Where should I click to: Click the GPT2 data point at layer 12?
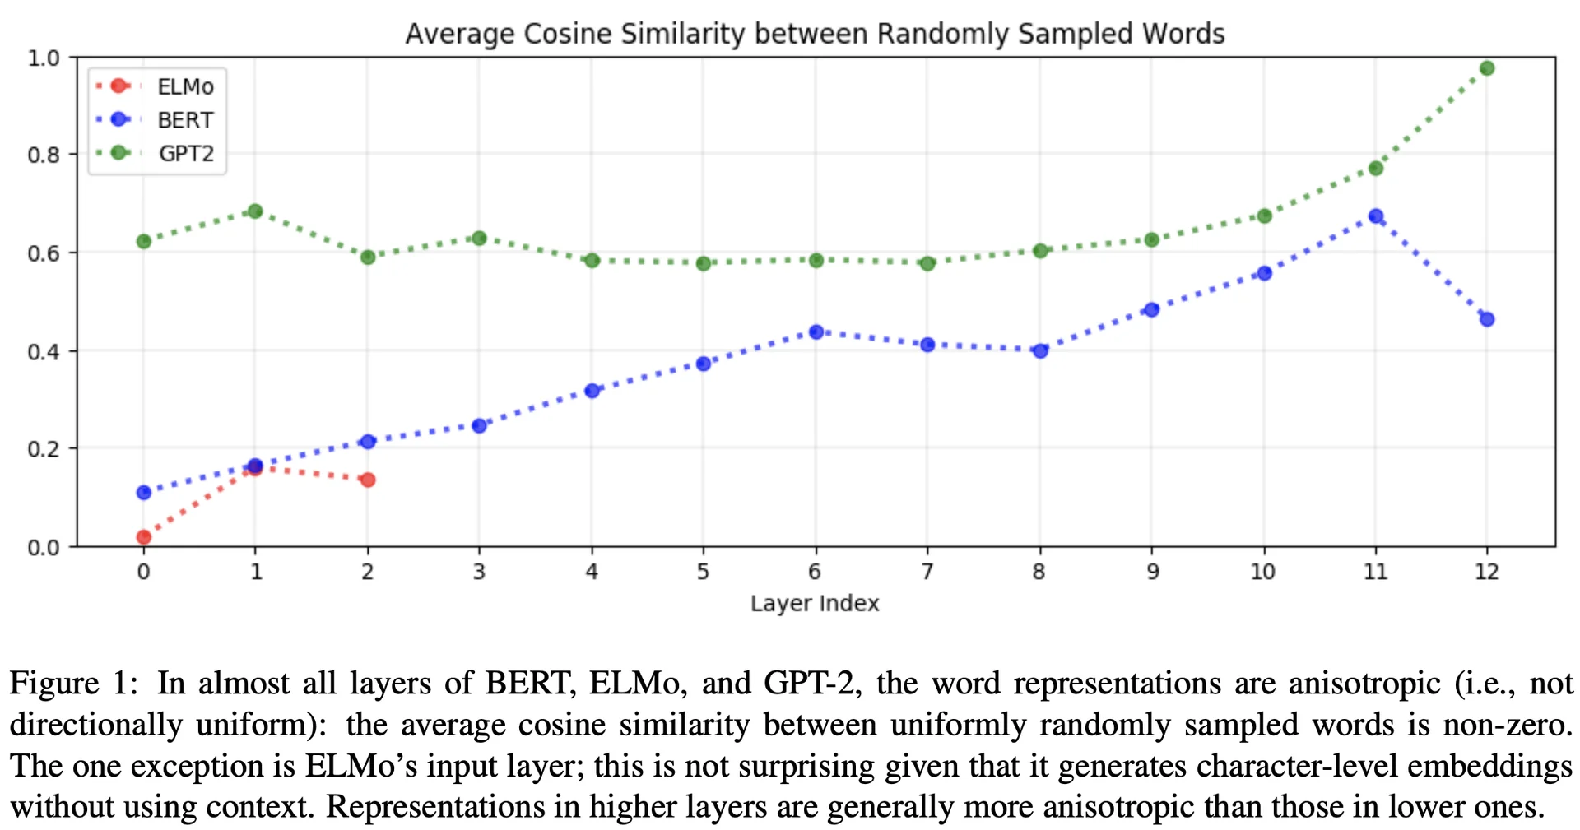(x=1486, y=68)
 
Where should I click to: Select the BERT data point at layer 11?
(x=1375, y=216)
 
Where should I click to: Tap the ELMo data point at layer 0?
(x=144, y=537)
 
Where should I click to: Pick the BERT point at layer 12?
(x=1486, y=319)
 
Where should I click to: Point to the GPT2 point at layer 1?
(x=255, y=211)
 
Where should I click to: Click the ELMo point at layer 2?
(x=368, y=480)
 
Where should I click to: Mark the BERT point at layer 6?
(x=816, y=332)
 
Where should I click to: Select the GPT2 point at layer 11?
(x=1375, y=168)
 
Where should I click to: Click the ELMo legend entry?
(x=156, y=86)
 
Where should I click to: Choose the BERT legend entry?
(x=156, y=120)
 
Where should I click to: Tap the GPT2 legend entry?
(x=156, y=154)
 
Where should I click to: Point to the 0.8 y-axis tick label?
(x=44, y=155)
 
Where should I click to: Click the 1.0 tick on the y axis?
(x=44, y=58)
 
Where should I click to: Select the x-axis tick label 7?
(x=927, y=572)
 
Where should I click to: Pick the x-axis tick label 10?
(x=1262, y=572)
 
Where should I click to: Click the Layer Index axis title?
(x=815, y=604)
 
